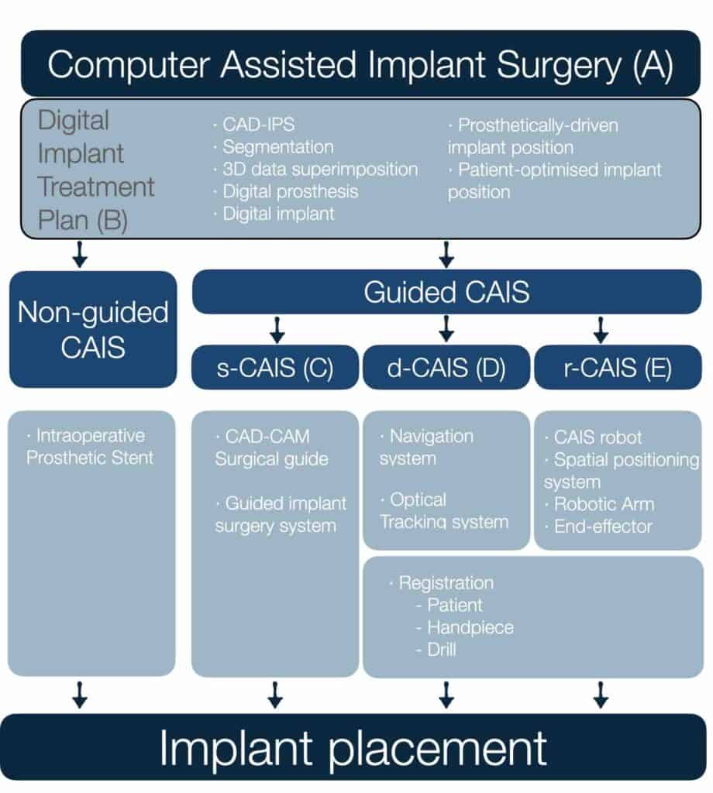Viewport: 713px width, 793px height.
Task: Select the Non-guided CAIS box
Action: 93,329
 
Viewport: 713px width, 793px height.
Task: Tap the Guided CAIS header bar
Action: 446,292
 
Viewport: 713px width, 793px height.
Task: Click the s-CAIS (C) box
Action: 274,367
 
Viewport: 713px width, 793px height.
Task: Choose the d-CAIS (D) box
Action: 446,367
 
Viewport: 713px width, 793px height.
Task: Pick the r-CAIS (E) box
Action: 617,367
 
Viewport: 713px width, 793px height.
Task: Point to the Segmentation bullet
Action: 277,146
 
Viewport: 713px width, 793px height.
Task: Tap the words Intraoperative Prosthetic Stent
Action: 90,447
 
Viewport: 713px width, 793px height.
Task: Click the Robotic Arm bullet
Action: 603,504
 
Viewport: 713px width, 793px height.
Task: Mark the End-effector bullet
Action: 603,527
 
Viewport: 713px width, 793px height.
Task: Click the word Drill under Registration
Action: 442,650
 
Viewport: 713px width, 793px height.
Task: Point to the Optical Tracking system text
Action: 445,510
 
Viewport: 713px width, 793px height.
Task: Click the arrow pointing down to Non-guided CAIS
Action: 79,254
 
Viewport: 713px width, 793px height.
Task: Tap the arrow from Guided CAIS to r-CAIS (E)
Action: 600,331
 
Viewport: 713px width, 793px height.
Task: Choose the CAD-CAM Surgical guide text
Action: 271,447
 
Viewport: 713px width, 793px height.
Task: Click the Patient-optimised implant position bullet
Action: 555,180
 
